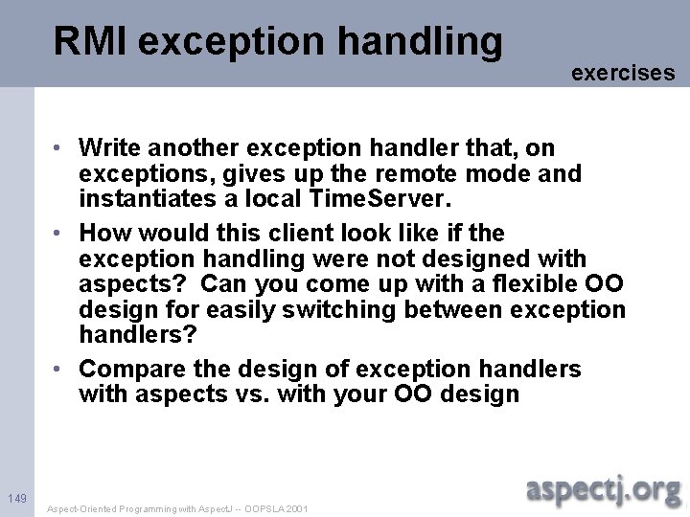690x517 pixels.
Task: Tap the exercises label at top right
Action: (x=623, y=73)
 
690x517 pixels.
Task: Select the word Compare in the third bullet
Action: (x=126, y=370)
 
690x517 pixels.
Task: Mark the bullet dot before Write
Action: (x=58, y=148)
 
